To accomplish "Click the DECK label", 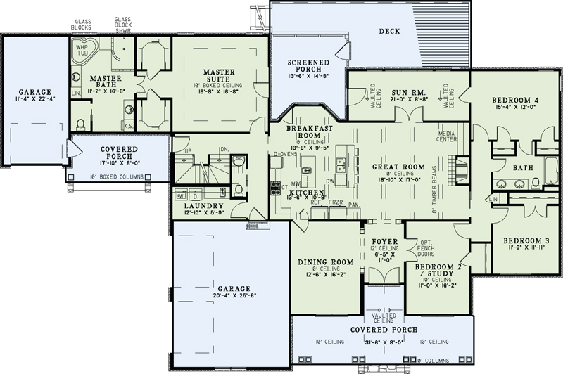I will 389,31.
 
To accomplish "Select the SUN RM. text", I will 407,92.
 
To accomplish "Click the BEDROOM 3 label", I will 526,240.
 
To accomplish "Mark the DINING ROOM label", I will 324,262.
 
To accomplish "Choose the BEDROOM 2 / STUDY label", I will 436,271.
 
